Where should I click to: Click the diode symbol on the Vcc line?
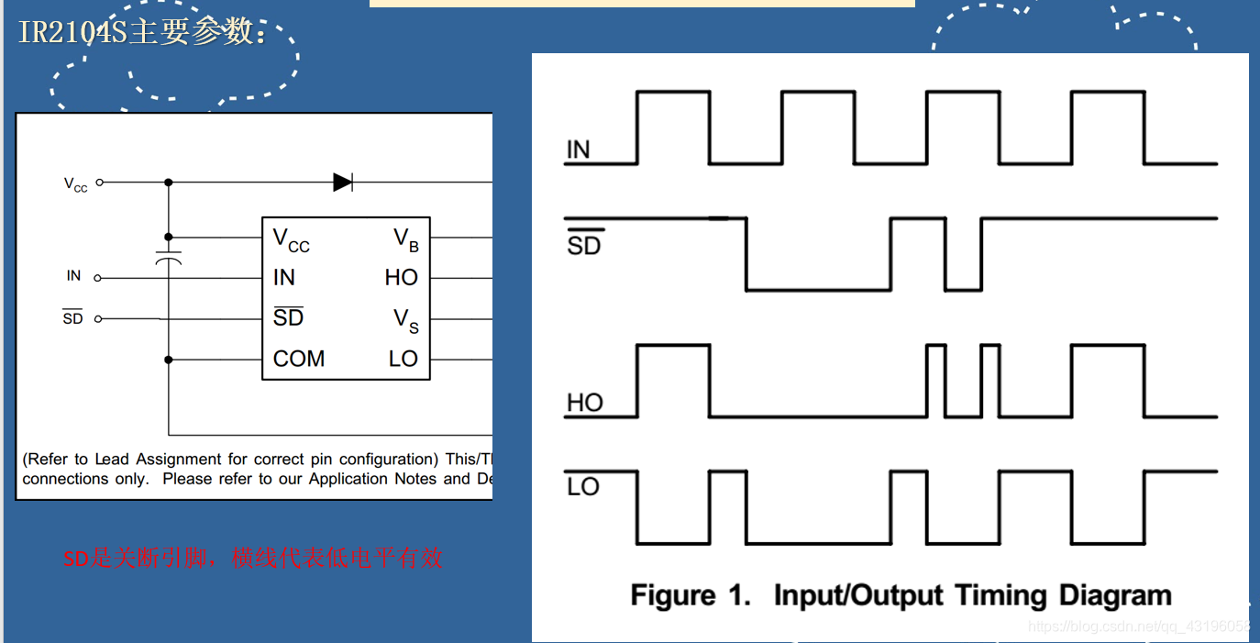click(343, 182)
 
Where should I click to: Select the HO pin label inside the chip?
click(401, 277)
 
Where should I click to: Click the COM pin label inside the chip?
click(299, 359)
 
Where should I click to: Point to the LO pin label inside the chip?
click(403, 359)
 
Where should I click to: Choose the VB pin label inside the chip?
click(406, 239)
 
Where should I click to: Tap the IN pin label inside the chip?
click(284, 277)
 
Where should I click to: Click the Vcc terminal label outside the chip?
click(76, 184)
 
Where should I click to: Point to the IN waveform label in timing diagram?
click(579, 150)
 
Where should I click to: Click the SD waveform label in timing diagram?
click(583, 244)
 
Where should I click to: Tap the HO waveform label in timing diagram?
click(585, 403)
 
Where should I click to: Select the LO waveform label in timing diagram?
click(583, 486)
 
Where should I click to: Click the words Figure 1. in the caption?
click(691, 595)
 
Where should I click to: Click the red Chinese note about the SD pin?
click(253, 558)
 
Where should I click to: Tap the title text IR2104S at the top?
click(73, 32)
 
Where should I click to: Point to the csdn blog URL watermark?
click(1139, 626)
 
